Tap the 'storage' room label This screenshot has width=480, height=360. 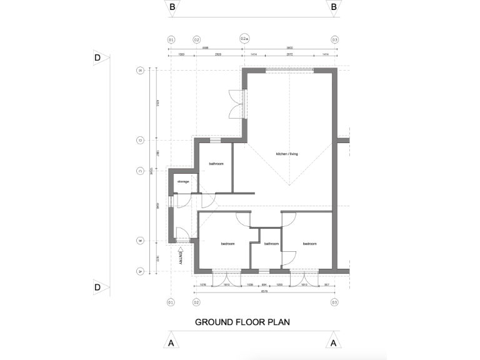pos(183,181)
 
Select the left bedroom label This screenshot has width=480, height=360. pos(227,244)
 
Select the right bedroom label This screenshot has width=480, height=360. pos(311,244)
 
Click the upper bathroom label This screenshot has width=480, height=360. pos(216,163)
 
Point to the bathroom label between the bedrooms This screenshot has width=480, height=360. pos(271,244)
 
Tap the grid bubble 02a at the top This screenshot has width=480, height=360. pos(244,39)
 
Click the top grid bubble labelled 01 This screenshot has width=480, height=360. pos(171,39)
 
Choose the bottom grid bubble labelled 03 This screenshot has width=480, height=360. pos(335,302)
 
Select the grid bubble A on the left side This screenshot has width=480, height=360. pos(140,271)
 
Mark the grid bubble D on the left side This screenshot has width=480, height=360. pos(140,140)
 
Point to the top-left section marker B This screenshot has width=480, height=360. pos(171,7)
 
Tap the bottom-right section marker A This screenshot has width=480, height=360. pos(334,342)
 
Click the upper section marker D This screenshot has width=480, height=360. pos(98,58)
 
